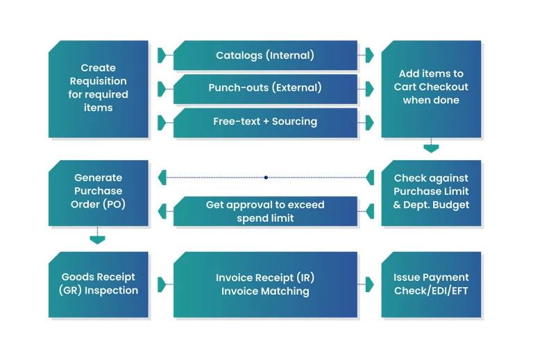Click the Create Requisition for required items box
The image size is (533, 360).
(x=98, y=88)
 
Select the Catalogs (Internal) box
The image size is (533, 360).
(x=264, y=55)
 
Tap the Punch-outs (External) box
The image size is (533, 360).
(x=264, y=88)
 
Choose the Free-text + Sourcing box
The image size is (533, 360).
(x=264, y=121)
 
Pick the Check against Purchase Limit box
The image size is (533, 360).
(x=431, y=191)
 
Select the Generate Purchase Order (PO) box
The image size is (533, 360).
(x=98, y=191)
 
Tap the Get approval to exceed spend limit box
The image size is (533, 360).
(x=264, y=212)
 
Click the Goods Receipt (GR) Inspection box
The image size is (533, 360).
(x=98, y=284)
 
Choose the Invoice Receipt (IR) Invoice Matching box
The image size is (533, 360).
(x=264, y=284)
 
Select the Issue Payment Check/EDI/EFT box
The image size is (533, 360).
(x=431, y=284)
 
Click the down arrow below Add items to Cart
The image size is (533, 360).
(x=431, y=147)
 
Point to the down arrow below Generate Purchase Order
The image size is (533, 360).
(x=98, y=237)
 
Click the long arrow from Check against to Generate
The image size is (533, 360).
(x=264, y=178)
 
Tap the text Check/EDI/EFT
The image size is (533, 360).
(x=431, y=290)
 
